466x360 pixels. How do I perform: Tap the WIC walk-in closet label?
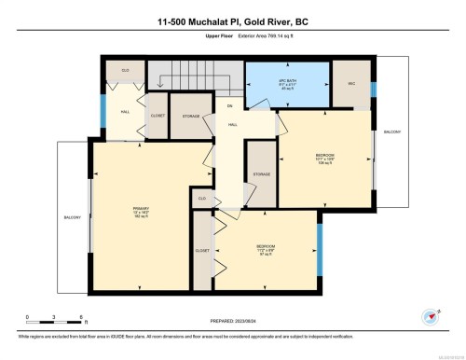click(353, 83)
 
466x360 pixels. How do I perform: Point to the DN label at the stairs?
click(229, 106)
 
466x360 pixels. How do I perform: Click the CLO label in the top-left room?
click(123, 70)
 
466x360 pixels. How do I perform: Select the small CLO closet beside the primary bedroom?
click(201, 199)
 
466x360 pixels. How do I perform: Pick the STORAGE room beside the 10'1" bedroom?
click(261, 173)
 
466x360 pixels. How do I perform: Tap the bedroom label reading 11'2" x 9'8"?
click(266, 249)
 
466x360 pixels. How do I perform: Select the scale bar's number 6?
click(83, 319)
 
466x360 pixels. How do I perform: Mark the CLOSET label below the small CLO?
click(202, 251)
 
